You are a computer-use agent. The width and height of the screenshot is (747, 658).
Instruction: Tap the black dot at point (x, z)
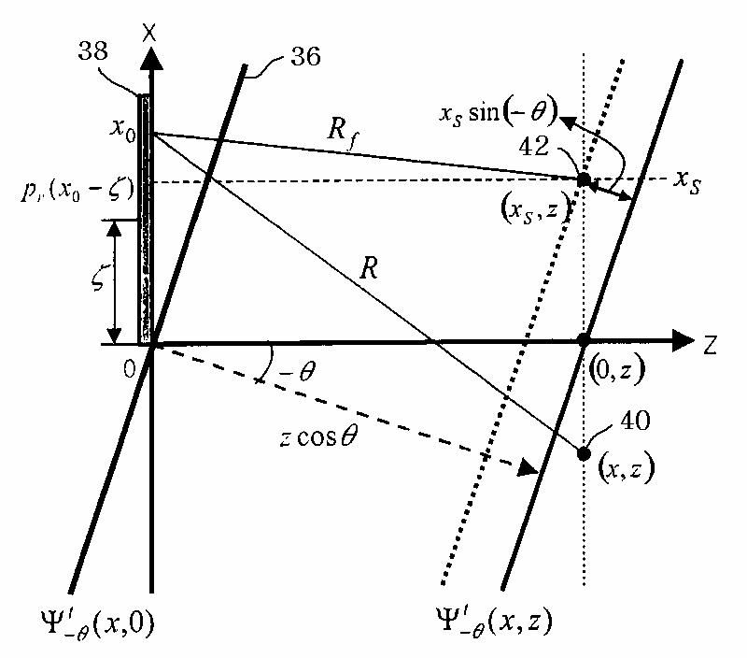(584, 453)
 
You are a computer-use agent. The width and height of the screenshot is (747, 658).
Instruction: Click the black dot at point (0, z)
(584, 339)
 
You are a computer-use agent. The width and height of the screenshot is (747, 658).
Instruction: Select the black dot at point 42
(584, 179)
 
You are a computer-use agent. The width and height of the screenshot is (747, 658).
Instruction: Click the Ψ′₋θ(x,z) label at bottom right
(499, 620)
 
